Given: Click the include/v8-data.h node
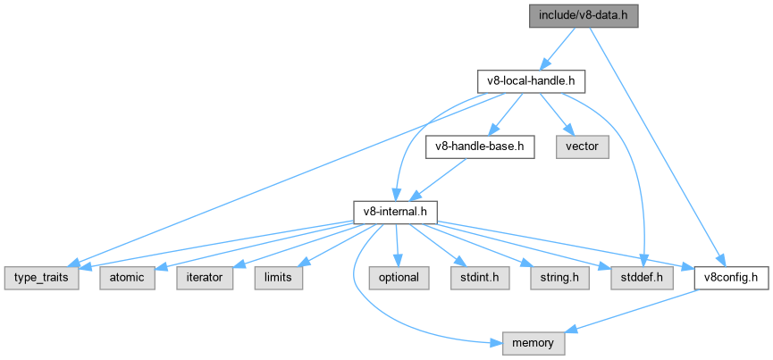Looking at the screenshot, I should pyautogui.click(x=584, y=16).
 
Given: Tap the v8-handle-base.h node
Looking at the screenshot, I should pyautogui.click(x=480, y=147).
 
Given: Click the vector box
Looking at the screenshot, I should pyautogui.click(x=582, y=147).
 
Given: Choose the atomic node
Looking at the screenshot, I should pyautogui.click(x=127, y=278).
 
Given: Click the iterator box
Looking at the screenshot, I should pyautogui.click(x=205, y=278).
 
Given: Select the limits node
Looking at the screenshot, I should pyautogui.click(x=278, y=278).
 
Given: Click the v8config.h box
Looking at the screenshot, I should pyautogui.click(x=731, y=278).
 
